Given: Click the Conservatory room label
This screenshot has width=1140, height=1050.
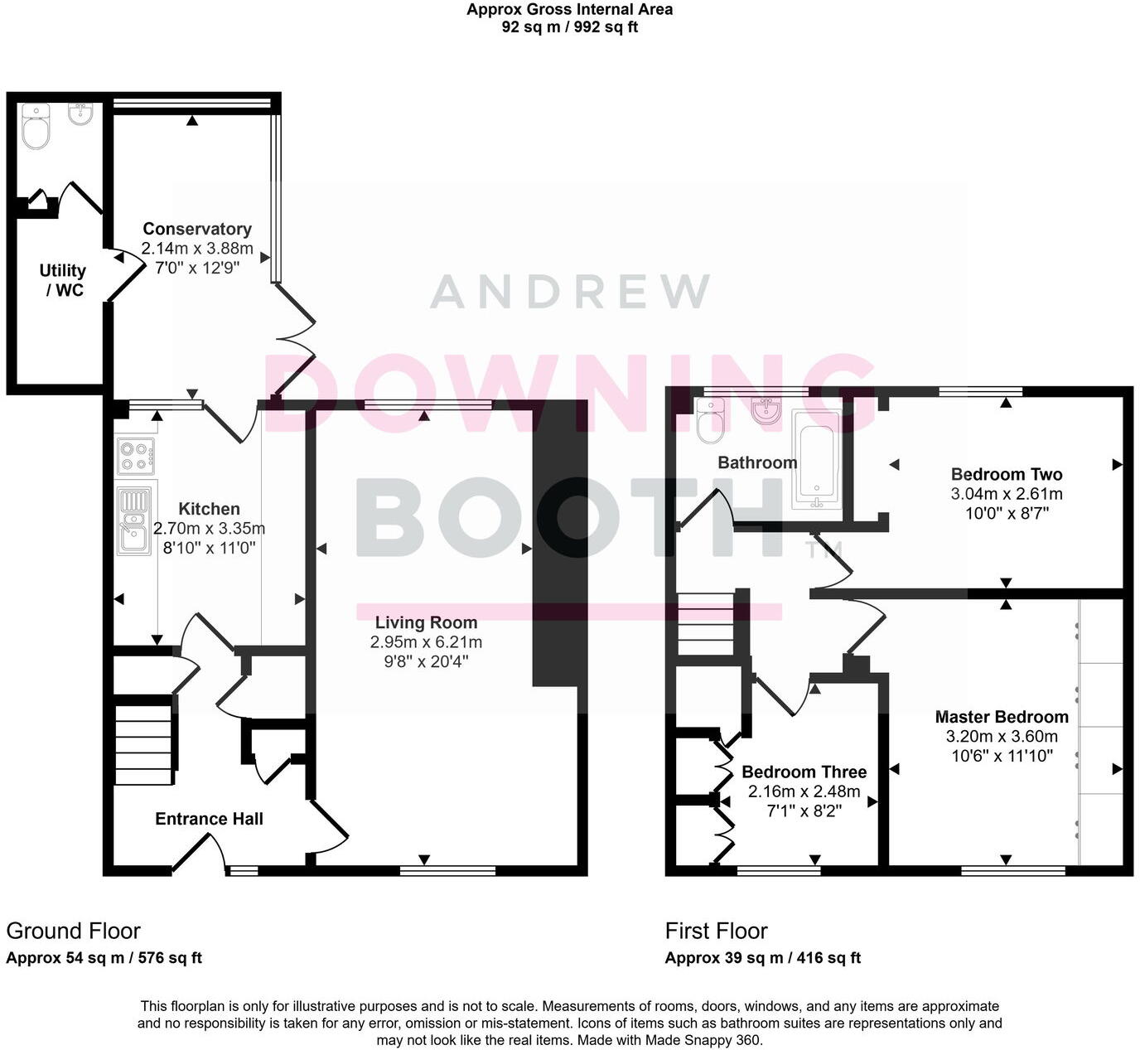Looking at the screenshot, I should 197,229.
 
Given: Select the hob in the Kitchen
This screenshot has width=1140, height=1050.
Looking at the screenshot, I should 135,456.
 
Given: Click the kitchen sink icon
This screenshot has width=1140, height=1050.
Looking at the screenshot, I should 133,520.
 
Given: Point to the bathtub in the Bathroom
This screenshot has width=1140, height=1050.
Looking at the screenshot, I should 816,459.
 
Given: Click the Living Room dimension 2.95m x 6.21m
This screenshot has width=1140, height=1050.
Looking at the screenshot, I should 426,642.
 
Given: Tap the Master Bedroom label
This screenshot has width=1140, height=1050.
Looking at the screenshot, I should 1002,717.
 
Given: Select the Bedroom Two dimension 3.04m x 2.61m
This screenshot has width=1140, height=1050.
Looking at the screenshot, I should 1006,494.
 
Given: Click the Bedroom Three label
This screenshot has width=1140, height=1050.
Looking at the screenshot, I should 804,772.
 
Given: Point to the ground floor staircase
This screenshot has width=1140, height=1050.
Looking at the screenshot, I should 144,743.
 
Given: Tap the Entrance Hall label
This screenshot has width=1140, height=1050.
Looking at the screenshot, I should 209,819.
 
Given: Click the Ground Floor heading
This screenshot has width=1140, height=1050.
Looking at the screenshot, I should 74,931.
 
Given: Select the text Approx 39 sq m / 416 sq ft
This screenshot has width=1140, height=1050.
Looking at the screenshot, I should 762,958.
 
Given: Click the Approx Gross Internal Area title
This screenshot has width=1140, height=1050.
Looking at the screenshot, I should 569,10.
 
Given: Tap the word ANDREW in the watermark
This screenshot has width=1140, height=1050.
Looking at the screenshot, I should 570,292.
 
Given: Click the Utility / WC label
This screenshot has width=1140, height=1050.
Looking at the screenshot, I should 63,280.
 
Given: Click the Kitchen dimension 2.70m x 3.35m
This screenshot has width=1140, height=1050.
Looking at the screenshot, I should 209,529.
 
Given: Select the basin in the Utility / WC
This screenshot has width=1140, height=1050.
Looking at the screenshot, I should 80,114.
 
